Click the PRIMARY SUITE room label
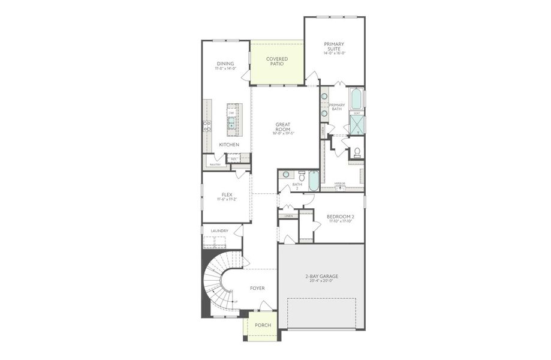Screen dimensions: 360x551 click(335, 46)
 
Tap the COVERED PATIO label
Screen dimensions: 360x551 click(277, 61)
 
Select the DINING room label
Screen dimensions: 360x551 click(225, 64)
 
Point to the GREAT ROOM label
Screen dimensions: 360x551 click(283, 127)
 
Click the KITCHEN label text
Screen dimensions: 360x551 click(229, 145)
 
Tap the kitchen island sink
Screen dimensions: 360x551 click(231, 125)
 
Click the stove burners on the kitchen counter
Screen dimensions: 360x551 click(207, 126)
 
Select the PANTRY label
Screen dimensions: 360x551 click(215, 164)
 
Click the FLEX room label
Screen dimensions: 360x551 click(227, 195)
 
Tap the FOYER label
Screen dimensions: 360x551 click(257, 288)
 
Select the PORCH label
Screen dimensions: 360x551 click(263, 325)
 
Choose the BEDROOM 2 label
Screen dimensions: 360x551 click(340, 217)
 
